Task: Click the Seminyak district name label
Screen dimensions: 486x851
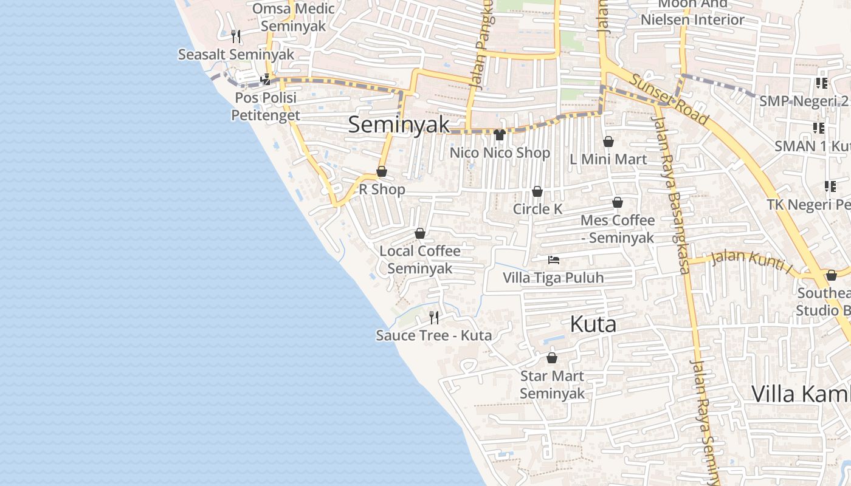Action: coord(399,125)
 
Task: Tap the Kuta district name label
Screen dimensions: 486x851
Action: coord(593,324)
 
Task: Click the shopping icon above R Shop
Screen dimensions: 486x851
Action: coord(382,172)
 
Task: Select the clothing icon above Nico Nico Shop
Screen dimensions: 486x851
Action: coord(500,135)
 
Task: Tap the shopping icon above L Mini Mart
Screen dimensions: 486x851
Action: coord(608,142)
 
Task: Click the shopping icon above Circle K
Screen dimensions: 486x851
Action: coord(537,192)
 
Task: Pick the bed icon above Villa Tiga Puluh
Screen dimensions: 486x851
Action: coord(553,260)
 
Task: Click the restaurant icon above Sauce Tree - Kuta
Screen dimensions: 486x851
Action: coord(434,317)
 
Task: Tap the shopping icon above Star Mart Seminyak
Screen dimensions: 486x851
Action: coord(552,358)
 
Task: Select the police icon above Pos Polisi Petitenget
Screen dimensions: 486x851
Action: coord(265,79)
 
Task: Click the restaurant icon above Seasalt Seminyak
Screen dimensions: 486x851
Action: coord(236,36)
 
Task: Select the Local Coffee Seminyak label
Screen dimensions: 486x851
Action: coord(419,259)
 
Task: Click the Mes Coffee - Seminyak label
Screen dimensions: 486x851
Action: coord(618,228)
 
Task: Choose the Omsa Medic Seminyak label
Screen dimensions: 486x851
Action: coord(294,18)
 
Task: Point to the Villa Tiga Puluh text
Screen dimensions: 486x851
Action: coord(553,278)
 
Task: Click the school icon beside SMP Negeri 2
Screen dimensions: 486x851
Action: coord(821,83)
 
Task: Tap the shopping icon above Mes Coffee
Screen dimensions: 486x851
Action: coord(618,203)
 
